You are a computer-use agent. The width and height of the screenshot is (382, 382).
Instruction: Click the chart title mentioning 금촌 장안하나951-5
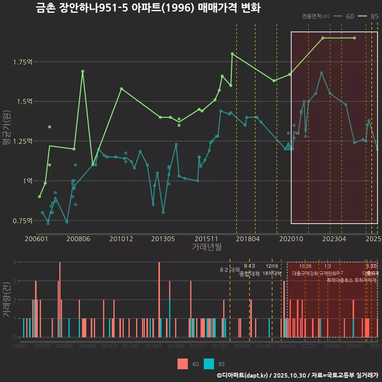pos(148,8)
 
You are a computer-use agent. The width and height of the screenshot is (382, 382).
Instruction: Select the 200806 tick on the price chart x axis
pos(78,239)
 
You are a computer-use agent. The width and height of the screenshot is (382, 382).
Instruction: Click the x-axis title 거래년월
pos(207,247)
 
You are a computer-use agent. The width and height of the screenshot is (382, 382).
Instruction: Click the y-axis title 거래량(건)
pos(6,300)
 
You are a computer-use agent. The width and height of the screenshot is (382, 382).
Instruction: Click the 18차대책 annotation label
pos(272,273)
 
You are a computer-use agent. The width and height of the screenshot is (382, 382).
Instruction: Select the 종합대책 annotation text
pos(249,273)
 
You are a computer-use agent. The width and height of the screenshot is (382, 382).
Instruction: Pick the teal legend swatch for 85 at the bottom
pos(209,364)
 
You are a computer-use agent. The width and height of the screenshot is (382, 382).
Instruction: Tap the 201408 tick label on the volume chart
pos(175,347)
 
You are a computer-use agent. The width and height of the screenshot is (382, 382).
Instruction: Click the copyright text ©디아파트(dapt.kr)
pos(242,375)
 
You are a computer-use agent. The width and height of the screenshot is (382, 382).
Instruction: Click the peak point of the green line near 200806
pos(83,71)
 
